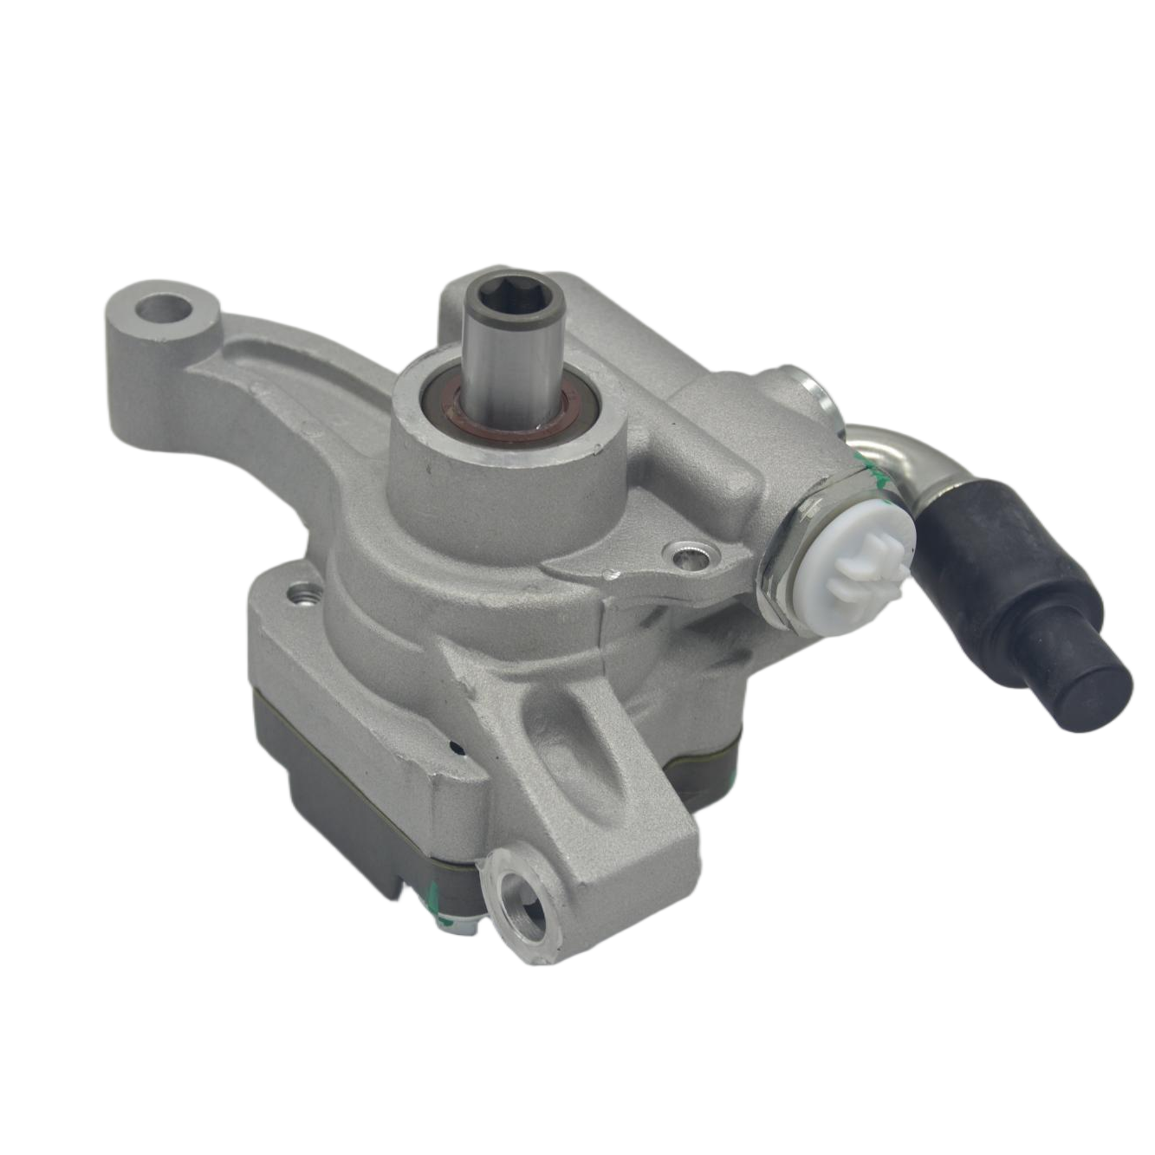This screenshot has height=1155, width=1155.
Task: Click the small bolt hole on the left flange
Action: pos(306,595)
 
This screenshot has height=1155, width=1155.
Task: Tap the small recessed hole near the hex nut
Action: pos(690,553)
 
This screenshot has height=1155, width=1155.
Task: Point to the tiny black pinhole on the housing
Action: pos(455,744)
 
